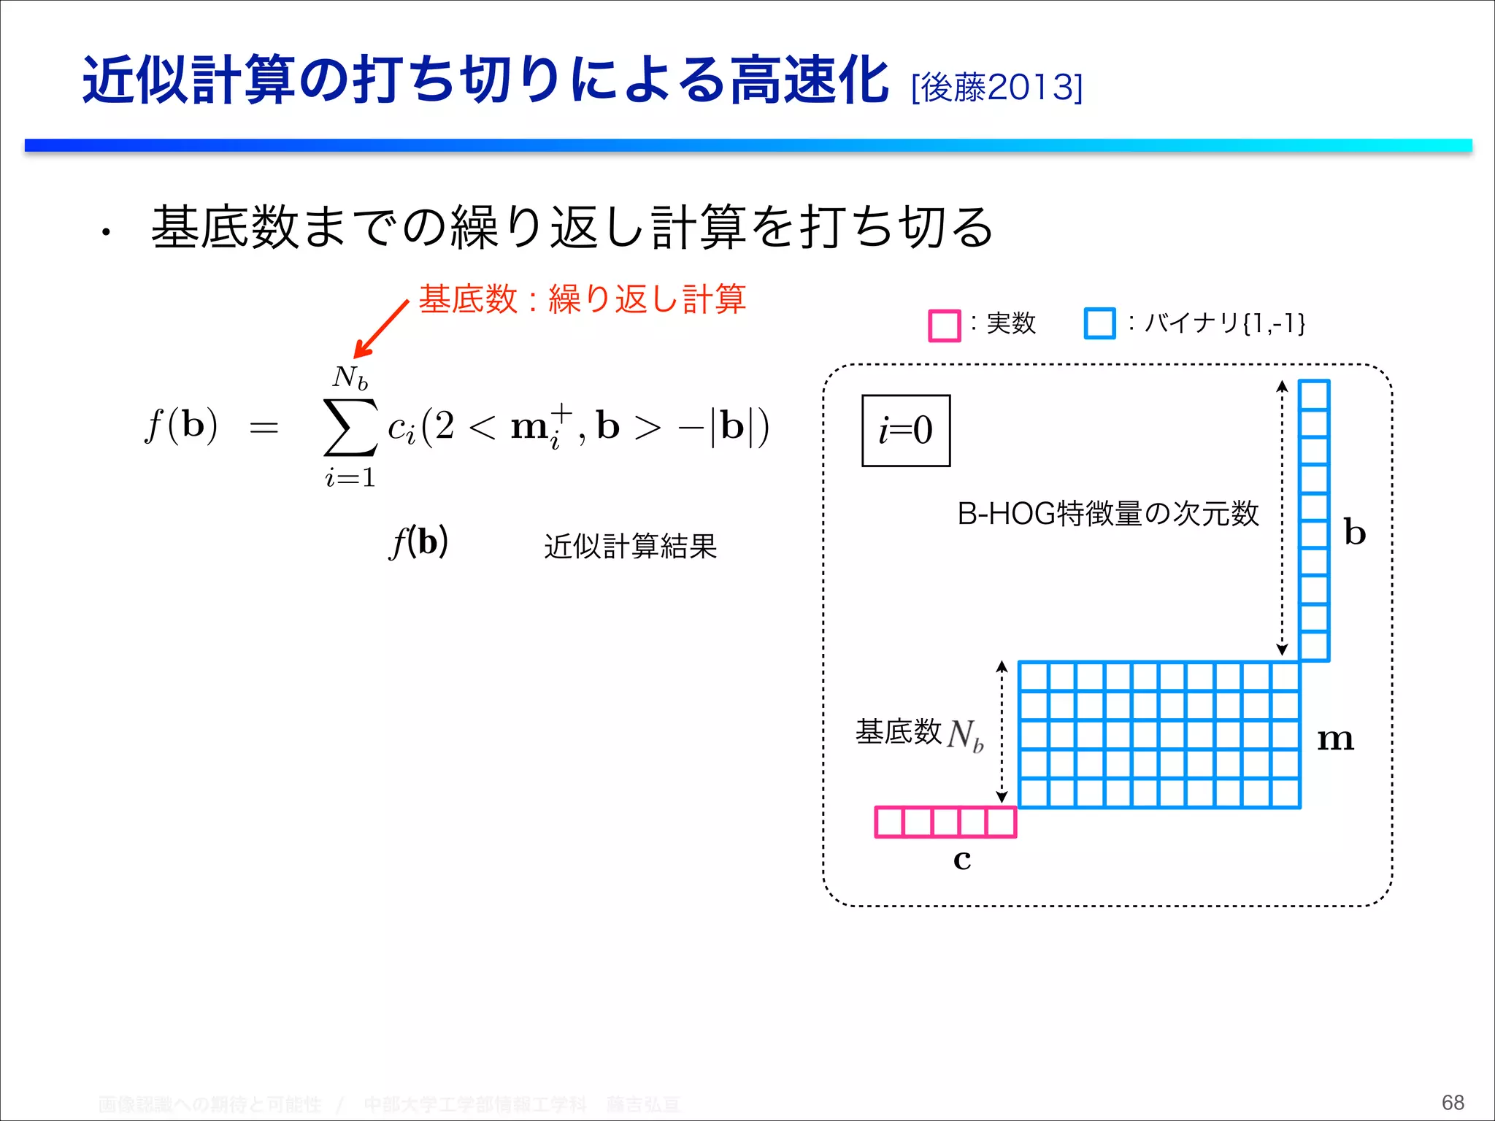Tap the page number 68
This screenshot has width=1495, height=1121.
click(x=1453, y=1102)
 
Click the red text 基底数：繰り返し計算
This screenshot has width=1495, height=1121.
click(x=582, y=299)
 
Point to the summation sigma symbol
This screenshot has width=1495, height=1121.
click(x=350, y=427)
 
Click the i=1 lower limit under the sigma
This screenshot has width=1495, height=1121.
click(x=350, y=478)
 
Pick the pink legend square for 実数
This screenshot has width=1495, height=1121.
click(x=944, y=325)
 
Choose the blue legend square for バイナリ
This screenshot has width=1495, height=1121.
click(x=1099, y=323)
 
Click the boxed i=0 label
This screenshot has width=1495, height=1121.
click(x=906, y=430)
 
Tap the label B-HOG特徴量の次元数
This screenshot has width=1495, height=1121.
click(x=1107, y=514)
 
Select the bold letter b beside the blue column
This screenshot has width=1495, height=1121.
click(x=1355, y=532)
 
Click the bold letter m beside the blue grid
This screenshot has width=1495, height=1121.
click(x=1335, y=739)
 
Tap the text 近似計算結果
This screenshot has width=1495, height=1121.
click(x=630, y=546)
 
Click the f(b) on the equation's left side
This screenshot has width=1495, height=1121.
click(x=182, y=425)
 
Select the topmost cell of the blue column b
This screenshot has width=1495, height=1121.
click(x=1314, y=395)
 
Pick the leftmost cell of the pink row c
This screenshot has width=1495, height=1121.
click(x=889, y=822)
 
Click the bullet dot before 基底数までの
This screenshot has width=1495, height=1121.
click(x=107, y=234)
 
